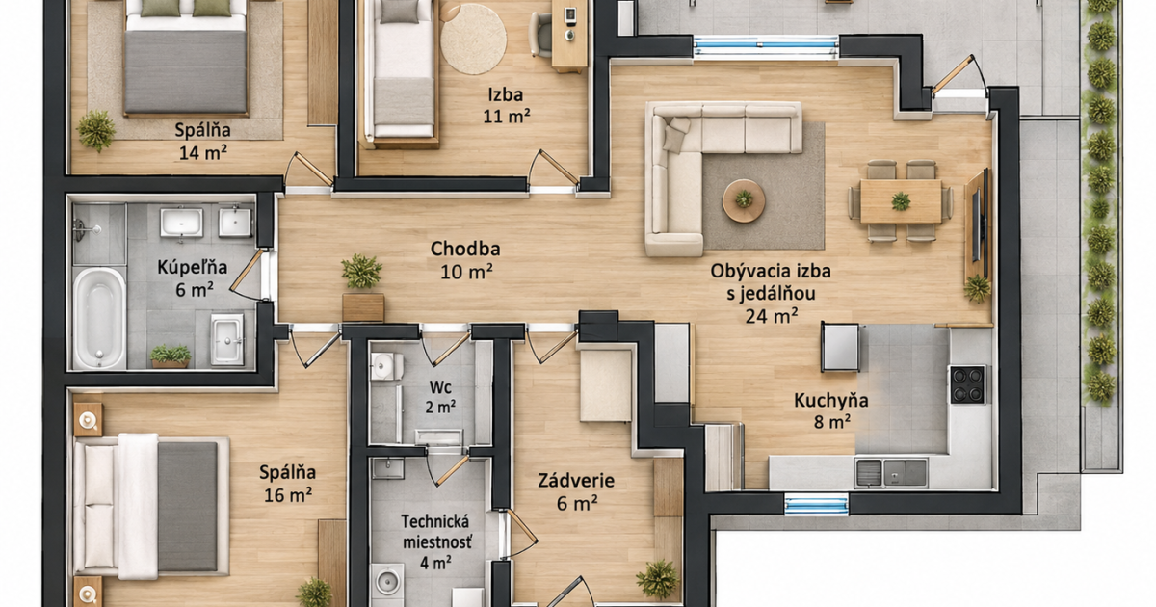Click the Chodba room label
click(465, 249)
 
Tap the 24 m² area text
click(772, 315)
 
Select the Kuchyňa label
click(830, 400)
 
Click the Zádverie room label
click(576, 481)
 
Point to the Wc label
click(440, 386)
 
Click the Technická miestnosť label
click(436, 532)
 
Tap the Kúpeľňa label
click(192, 267)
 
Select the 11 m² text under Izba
click(507, 117)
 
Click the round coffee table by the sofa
click(744, 200)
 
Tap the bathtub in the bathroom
click(99, 319)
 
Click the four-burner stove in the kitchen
click(968, 384)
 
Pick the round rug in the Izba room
click(473, 40)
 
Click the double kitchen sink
click(891, 472)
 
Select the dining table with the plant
click(901, 201)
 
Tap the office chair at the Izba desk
click(540, 35)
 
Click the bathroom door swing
click(248, 275)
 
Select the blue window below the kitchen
click(817, 504)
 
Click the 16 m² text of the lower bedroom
click(288, 495)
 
